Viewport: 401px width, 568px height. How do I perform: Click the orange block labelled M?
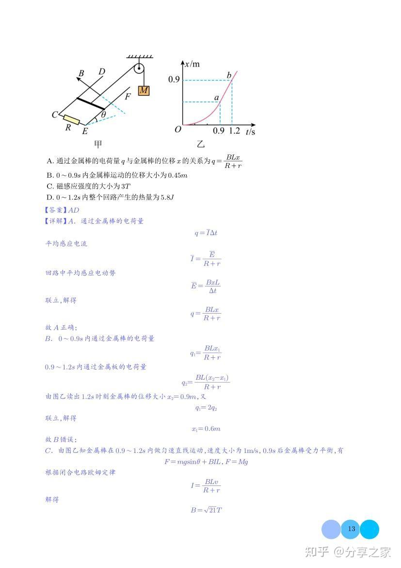click(x=144, y=91)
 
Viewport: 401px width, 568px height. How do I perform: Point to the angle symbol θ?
click(x=103, y=115)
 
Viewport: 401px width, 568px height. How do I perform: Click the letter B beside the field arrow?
click(x=81, y=73)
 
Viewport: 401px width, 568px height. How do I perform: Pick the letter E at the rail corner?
click(x=85, y=131)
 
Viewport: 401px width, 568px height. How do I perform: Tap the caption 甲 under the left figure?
click(x=98, y=144)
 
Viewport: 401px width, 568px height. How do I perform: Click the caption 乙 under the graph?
click(x=201, y=144)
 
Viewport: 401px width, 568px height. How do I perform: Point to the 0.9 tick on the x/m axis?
click(x=174, y=80)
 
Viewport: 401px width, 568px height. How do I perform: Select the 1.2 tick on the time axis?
click(x=234, y=131)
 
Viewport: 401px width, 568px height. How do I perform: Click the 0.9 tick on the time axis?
click(x=219, y=131)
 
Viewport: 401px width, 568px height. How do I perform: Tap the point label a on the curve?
click(x=217, y=98)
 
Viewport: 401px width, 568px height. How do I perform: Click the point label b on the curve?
click(x=229, y=75)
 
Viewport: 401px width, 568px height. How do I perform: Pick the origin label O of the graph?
click(x=178, y=130)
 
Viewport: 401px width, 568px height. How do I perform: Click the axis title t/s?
click(x=250, y=132)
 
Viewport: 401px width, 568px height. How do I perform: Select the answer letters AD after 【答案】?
click(x=73, y=210)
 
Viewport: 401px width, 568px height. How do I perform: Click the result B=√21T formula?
click(x=206, y=510)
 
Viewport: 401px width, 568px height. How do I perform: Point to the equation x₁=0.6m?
click(x=206, y=429)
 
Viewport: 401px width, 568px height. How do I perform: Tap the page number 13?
click(x=352, y=529)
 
